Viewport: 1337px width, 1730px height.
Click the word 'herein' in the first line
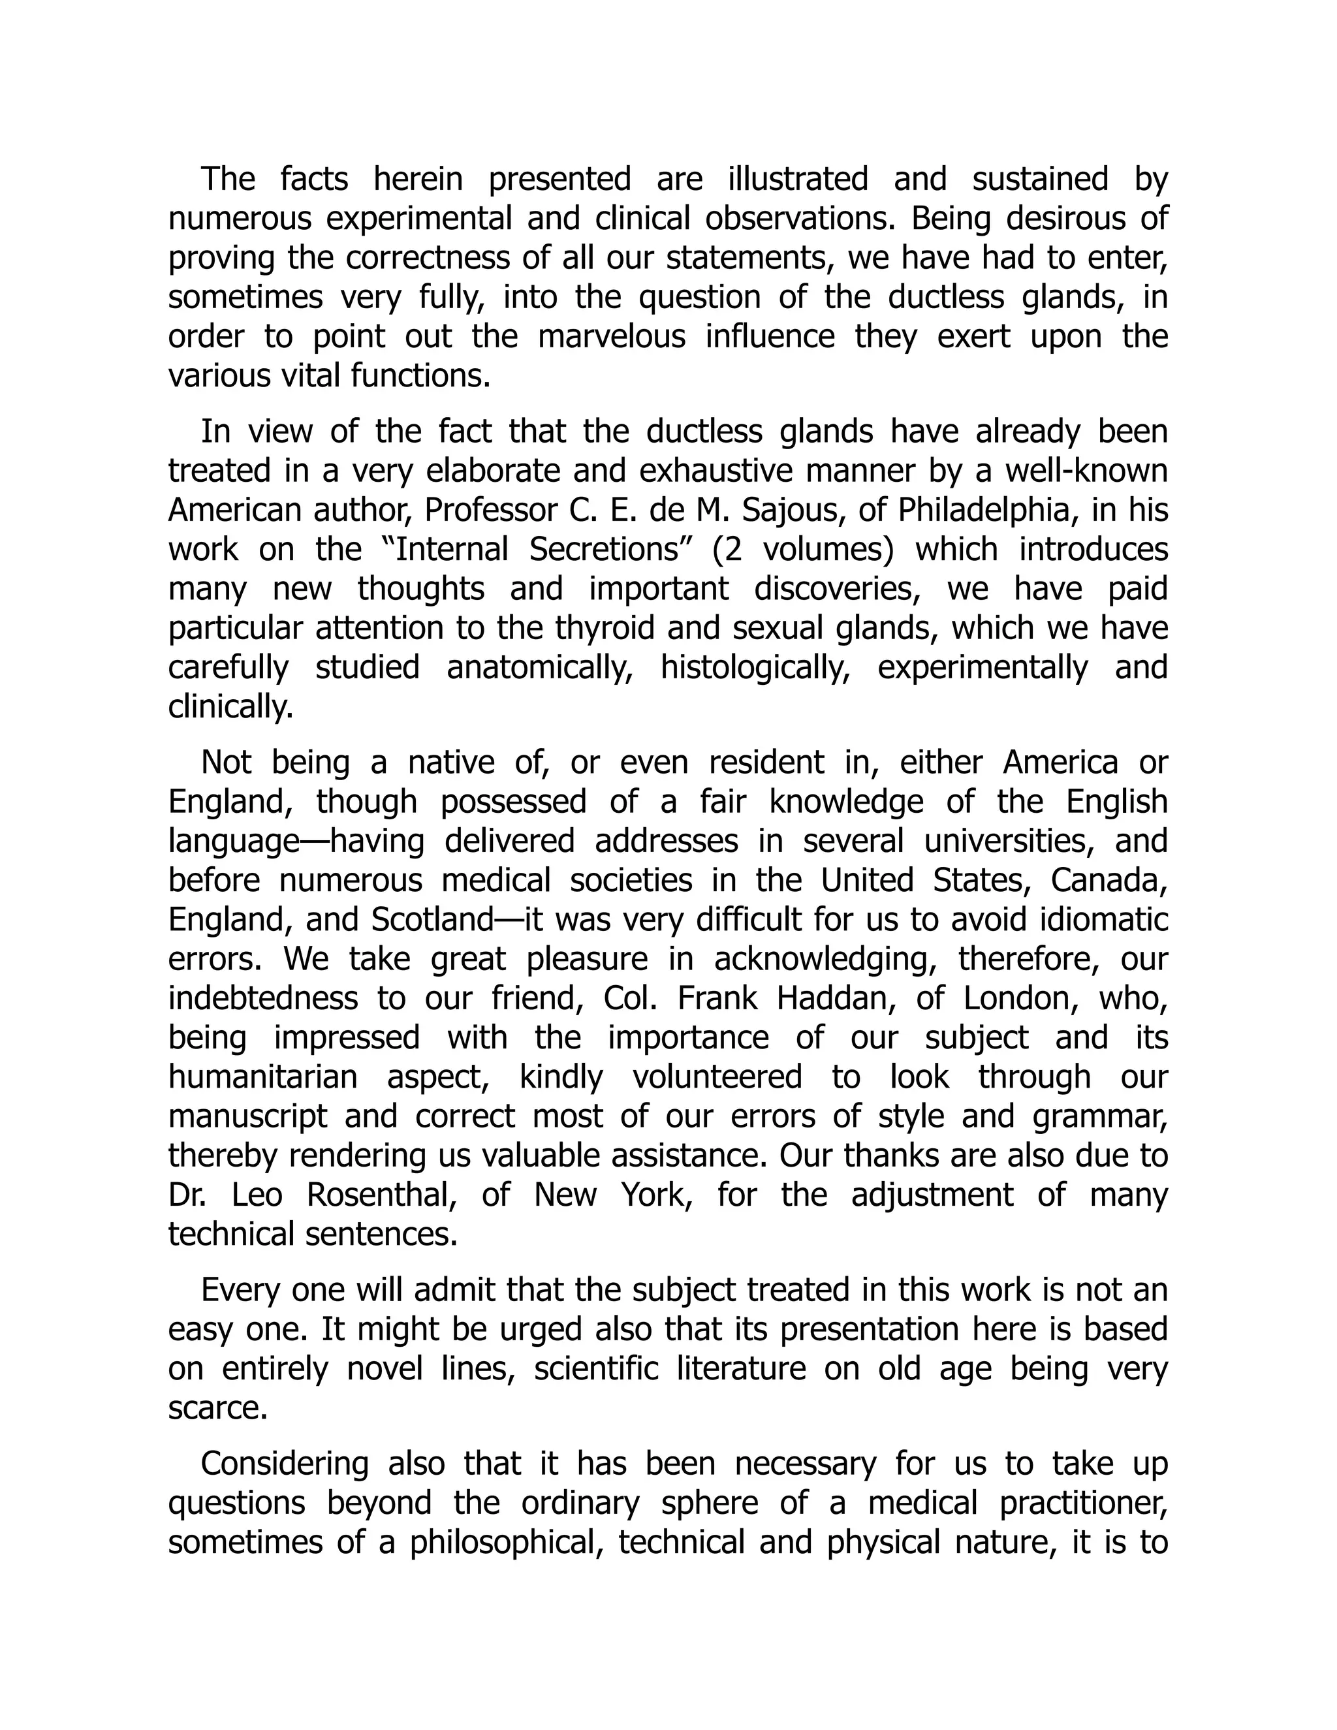point(417,179)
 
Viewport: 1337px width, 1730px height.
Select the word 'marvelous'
point(612,337)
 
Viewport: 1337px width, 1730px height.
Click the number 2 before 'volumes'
point(732,550)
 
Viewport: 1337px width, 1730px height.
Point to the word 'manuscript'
point(247,1117)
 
